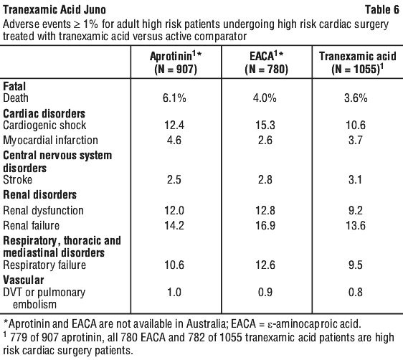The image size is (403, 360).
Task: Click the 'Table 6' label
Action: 382,10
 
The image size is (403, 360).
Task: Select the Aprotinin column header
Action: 176,62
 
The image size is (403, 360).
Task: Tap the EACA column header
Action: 267,62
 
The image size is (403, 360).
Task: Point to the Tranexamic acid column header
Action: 358,62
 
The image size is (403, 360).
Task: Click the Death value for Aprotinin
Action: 174,98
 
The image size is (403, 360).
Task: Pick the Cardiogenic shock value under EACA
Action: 265,125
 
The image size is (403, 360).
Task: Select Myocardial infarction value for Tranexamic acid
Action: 356,141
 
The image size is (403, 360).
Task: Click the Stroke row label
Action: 18,179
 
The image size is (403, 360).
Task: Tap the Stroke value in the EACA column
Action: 265,179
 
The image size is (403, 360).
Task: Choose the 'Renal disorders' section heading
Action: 40,194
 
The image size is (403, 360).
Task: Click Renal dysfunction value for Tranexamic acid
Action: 356,210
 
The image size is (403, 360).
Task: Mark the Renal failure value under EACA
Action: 265,226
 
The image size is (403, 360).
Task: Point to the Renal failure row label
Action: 31,226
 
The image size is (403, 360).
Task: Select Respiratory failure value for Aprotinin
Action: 174,265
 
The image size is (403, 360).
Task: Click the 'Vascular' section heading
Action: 24,280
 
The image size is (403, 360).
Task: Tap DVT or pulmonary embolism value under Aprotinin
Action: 174,293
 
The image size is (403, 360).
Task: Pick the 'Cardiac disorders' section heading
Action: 44,113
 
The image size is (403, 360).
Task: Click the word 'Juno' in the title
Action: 95,10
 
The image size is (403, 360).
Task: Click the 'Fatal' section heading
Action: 14,86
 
